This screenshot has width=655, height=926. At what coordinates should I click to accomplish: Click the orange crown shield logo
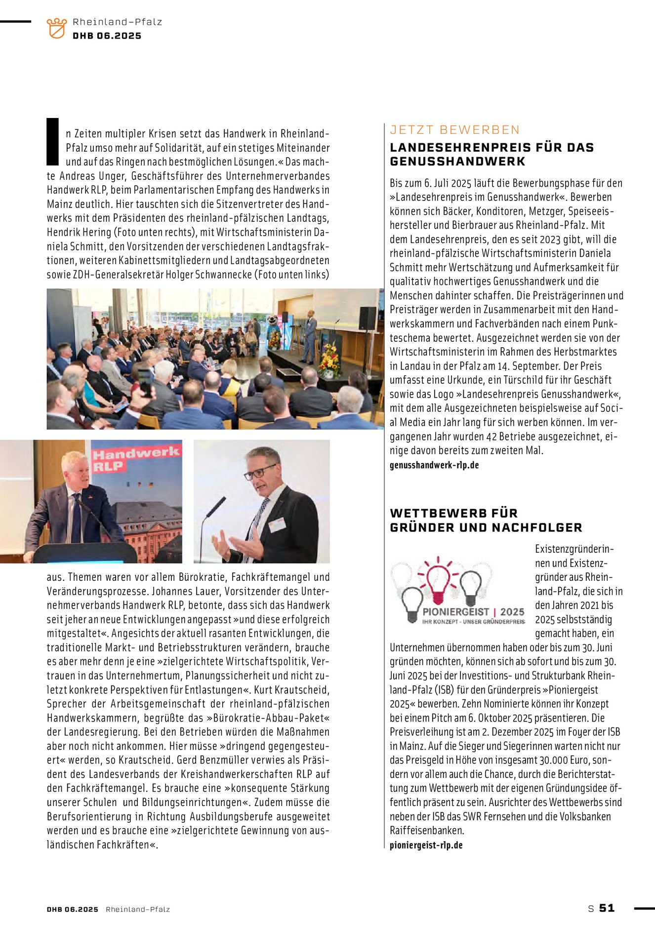pyautogui.click(x=56, y=28)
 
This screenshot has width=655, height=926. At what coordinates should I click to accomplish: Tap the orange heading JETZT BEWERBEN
pyautogui.click(x=454, y=130)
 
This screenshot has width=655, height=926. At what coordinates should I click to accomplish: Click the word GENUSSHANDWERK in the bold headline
pyautogui.click(x=457, y=161)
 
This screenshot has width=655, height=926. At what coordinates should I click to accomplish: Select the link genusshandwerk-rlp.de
pyautogui.click(x=434, y=465)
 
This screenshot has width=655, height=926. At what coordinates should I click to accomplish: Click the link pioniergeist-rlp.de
pyautogui.click(x=426, y=845)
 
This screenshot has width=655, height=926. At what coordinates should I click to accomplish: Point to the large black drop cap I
pyautogui.click(x=53, y=142)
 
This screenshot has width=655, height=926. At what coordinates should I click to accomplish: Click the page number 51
pyautogui.click(x=607, y=908)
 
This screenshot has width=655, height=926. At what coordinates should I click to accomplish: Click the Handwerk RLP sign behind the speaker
pyautogui.click(x=135, y=459)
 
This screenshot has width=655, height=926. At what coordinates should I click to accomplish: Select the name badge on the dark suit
pyautogui.click(x=278, y=524)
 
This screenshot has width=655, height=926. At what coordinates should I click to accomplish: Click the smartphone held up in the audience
pyautogui.click(x=145, y=382)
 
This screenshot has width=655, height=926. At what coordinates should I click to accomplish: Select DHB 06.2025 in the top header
pyautogui.click(x=107, y=36)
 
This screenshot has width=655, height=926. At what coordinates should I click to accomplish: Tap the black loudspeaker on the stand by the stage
pyautogui.click(x=367, y=318)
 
